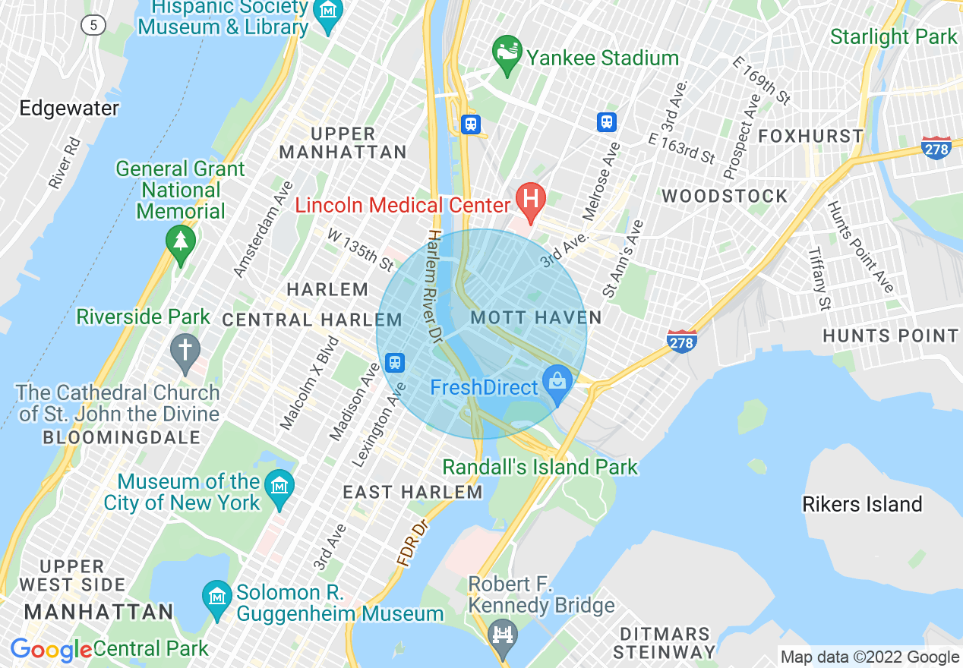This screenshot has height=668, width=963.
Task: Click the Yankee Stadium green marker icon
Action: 507,54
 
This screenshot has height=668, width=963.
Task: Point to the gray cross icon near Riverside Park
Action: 185,351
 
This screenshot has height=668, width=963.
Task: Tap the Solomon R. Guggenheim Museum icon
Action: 217,594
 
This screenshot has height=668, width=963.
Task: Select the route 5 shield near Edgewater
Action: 93,25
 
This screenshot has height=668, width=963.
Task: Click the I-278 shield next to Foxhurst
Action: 936,148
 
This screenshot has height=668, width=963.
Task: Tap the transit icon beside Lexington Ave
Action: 394,362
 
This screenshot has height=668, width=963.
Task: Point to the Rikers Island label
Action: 862,504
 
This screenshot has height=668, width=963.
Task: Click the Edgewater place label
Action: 69,109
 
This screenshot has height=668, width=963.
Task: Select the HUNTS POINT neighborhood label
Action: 891,336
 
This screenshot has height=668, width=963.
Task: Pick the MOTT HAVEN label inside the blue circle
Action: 536,317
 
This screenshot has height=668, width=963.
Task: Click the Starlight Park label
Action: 893,36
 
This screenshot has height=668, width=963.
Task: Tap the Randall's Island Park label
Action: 540,467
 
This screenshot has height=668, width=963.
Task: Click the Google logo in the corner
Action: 50,651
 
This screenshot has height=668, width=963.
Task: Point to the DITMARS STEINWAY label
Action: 664,642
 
